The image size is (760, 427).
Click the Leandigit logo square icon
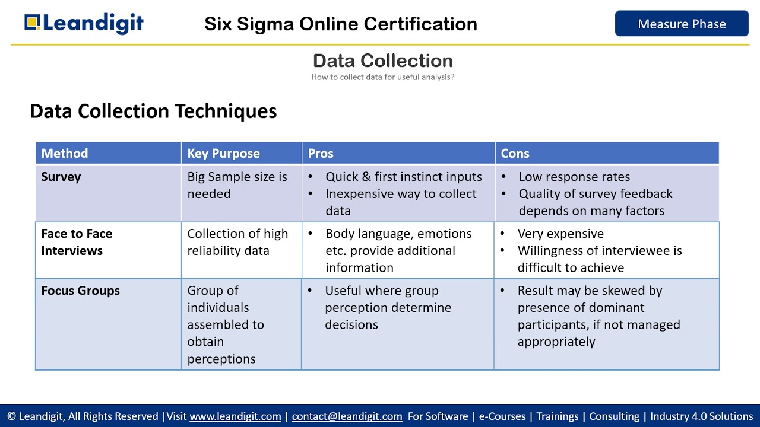coord(33,23)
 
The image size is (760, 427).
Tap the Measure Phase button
coord(682,24)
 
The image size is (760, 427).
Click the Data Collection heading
coord(382,60)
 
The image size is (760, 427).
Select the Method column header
coord(64,153)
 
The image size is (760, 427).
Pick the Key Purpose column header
coord(223,153)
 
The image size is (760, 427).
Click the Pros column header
coord(321,153)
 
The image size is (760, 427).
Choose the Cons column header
coord(515,153)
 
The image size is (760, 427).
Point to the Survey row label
coord(61,177)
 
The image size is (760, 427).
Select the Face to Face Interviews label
coord(77,242)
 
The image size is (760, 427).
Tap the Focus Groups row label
coord(80,291)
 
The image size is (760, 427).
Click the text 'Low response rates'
coord(574,177)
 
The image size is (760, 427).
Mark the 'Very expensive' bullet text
coord(560,234)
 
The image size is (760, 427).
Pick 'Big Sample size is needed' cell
coord(237,185)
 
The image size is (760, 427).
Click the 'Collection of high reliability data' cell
coord(237,242)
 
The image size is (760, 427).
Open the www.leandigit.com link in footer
coord(235,416)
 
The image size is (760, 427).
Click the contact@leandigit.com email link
coord(347,416)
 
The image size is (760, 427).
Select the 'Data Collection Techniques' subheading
coord(153,111)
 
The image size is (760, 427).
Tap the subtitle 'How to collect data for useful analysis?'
coord(382,77)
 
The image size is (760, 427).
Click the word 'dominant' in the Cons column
coord(615,308)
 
